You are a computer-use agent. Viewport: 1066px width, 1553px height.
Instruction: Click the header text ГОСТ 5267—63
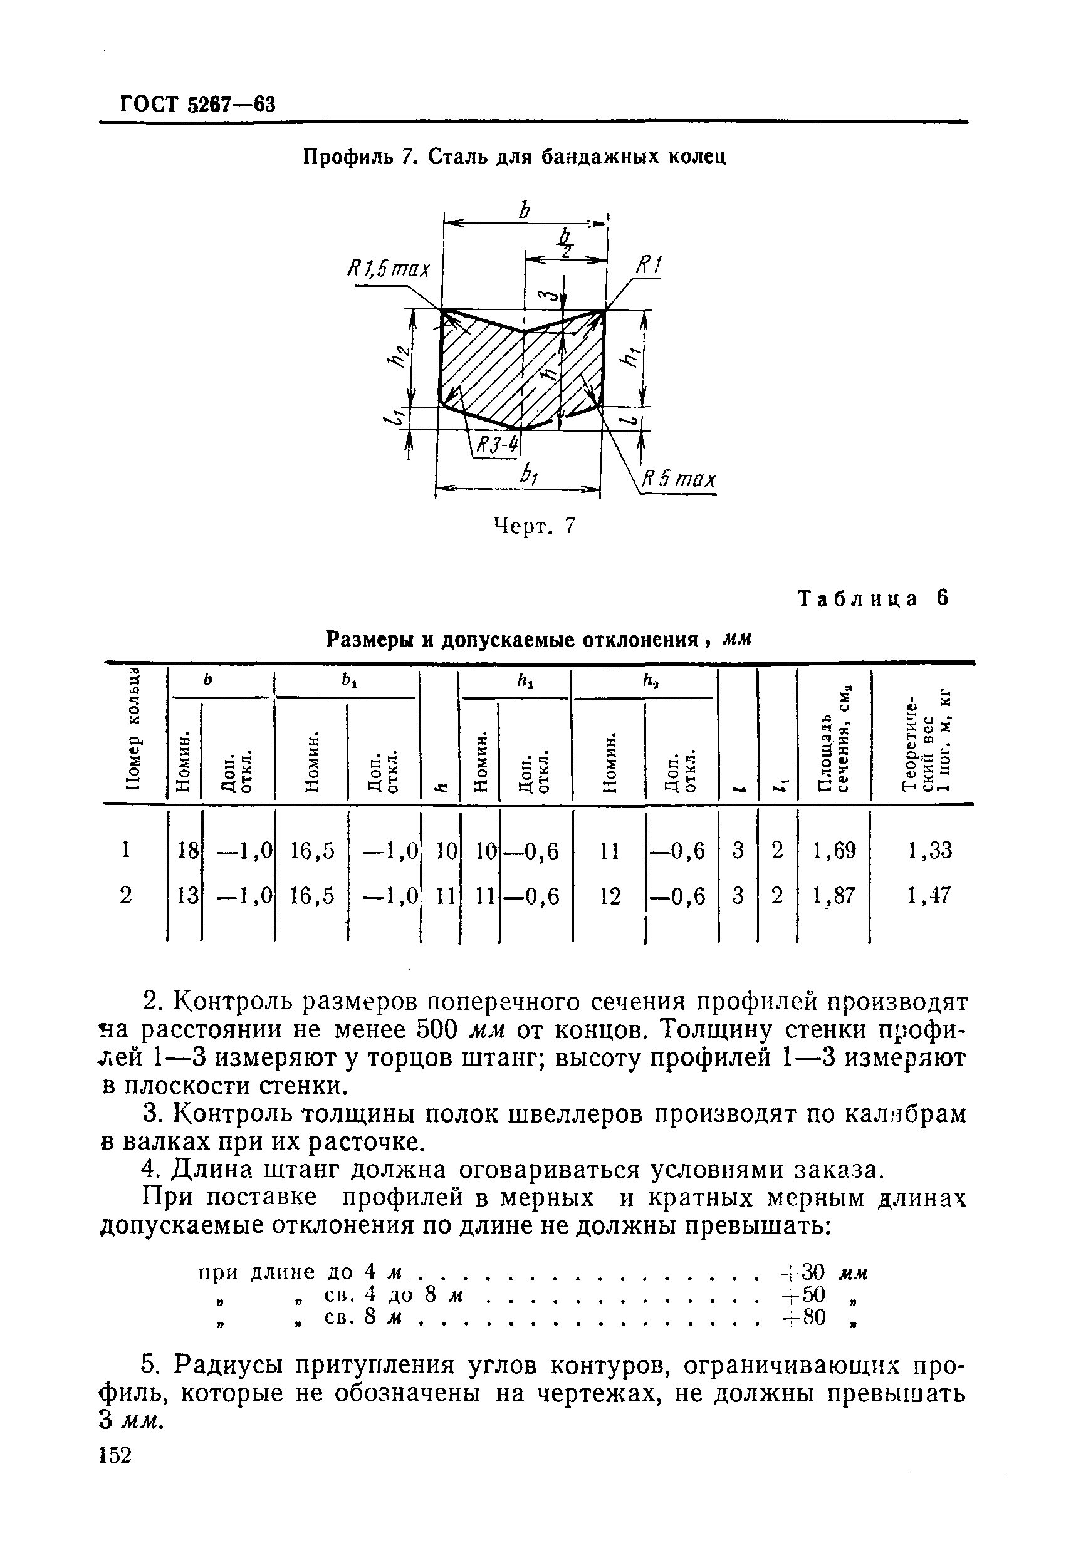[x=197, y=104]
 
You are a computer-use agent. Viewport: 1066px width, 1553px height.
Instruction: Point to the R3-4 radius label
[x=496, y=444]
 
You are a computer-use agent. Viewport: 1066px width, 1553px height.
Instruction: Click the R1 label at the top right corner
[x=647, y=267]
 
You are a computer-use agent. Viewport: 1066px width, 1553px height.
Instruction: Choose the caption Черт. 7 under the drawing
[x=534, y=527]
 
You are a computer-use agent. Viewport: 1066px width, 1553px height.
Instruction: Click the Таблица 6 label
[x=873, y=598]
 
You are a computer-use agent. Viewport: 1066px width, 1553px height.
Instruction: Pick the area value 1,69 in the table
[x=834, y=851]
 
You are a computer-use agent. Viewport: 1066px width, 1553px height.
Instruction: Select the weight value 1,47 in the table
[x=929, y=895]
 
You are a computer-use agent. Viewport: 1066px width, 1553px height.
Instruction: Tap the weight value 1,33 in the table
[x=929, y=851]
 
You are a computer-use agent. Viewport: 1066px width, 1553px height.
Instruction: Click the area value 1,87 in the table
[x=834, y=895]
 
